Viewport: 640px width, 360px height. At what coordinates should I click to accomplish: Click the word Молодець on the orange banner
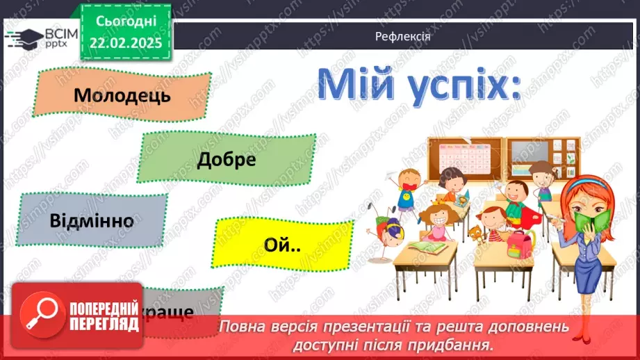coord(122,95)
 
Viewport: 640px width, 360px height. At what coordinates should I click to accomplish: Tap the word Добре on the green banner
coord(227,159)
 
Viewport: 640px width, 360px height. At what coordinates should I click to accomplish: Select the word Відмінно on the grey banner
coord(92,221)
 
